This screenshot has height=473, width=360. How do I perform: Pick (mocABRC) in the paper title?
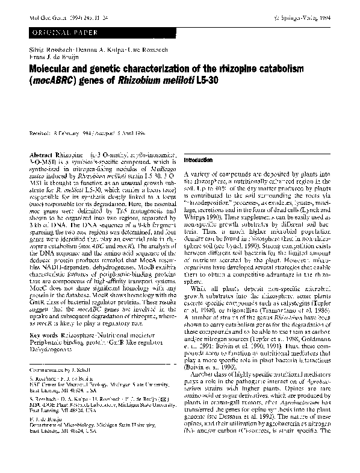(51, 71)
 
